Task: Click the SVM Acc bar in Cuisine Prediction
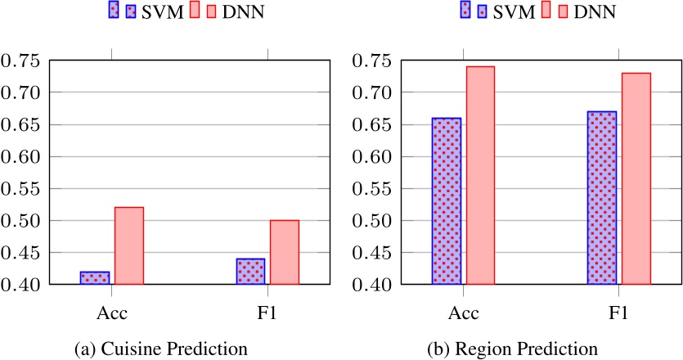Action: click(x=95, y=278)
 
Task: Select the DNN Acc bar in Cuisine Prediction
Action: click(x=128, y=245)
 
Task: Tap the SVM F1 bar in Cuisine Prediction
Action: click(x=251, y=272)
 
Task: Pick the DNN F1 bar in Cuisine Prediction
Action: click(x=285, y=252)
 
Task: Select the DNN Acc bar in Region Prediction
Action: click(x=480, y=175)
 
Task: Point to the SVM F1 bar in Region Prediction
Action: click(x=602, y=198)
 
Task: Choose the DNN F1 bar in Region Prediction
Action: click(x=636, y=178)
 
